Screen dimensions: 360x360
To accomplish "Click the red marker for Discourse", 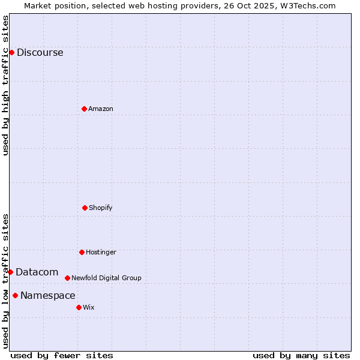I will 11,52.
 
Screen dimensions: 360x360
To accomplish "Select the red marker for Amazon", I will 84,109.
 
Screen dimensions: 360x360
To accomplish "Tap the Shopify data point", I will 85,208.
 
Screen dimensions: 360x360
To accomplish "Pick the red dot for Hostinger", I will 82,252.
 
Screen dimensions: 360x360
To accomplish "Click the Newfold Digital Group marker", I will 67,278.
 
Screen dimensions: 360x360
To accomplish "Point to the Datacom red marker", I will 10,272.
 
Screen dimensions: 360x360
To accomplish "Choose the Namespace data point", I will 15,295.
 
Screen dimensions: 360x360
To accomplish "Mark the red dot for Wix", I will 79,307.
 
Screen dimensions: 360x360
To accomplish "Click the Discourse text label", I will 40,52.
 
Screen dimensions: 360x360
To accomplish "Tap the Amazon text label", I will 101,109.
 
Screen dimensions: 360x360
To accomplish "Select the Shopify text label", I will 101,208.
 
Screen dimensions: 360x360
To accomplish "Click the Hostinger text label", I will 101,252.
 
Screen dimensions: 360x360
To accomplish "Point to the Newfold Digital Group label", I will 106,278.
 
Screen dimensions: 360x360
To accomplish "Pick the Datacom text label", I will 37,272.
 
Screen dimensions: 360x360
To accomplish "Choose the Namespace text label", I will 47,295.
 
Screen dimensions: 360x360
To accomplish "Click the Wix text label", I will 89,307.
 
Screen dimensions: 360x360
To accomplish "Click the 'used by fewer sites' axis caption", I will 61,355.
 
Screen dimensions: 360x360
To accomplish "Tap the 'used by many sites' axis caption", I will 301,355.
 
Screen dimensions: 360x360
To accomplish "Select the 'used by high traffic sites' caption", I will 5,85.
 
